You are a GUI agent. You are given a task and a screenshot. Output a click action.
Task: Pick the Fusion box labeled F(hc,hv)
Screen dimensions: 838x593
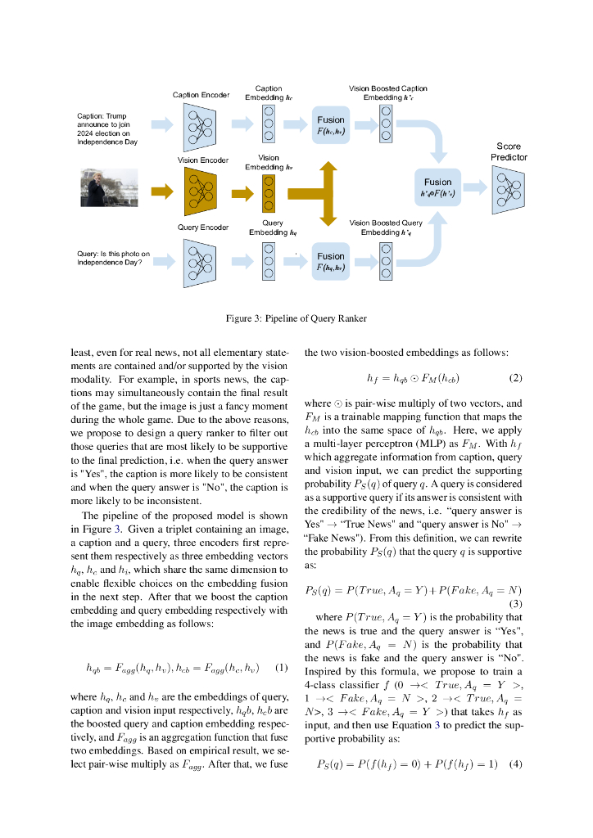[x=331, y=124]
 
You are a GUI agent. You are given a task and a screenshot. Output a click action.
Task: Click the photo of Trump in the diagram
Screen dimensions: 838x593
[x=109, y=188]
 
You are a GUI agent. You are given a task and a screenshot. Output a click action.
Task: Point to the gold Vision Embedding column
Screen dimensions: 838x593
[x=268, y=192]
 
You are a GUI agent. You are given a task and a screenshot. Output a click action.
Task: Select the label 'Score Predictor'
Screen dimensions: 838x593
[x=509, y=151]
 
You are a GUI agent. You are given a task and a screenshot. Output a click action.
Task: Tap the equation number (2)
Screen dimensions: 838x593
[x=515, y=378]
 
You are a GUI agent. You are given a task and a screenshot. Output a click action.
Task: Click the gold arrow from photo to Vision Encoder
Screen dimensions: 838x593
[x=163, y=191]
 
